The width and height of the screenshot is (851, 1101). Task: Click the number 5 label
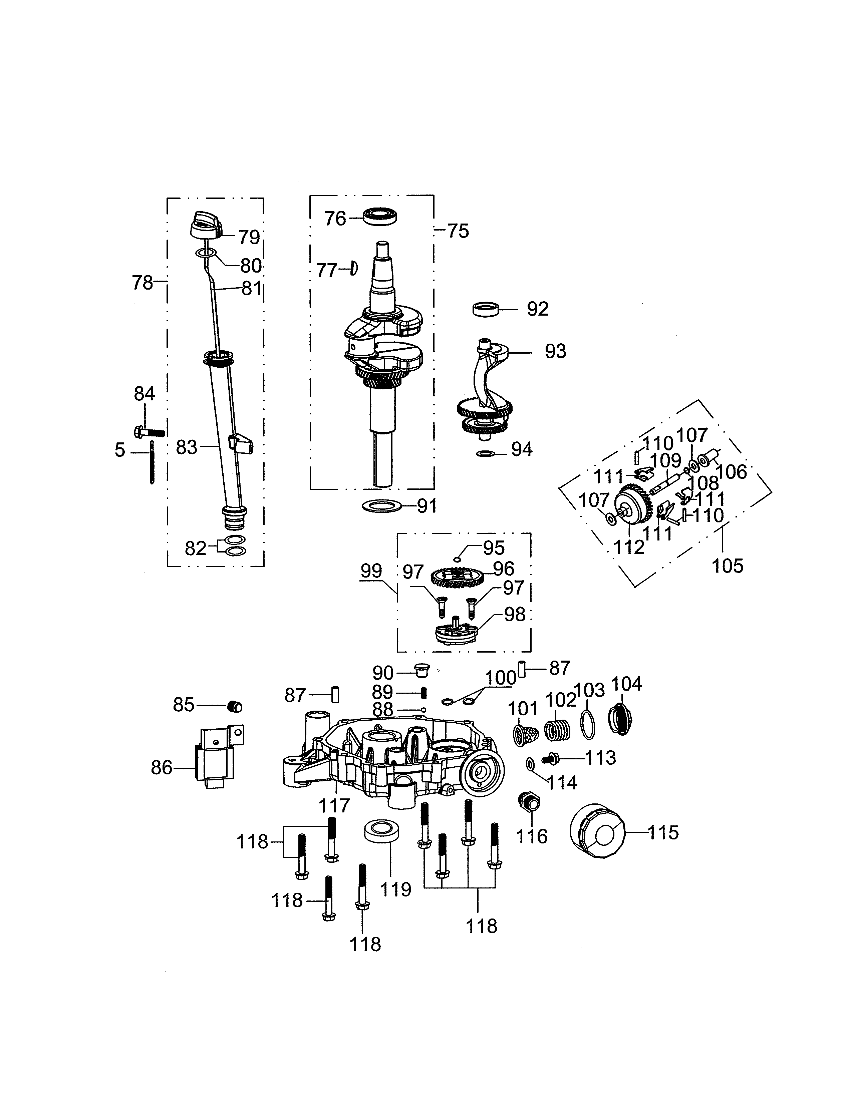coord(119,450)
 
